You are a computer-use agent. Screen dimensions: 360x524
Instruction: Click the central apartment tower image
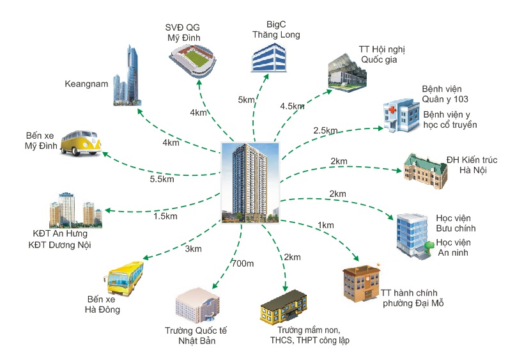point(252,182)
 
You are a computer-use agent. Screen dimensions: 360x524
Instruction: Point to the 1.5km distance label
point(165,217)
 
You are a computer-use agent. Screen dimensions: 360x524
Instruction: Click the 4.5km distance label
point(292,106)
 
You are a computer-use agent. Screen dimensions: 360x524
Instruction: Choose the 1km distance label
point(325,225)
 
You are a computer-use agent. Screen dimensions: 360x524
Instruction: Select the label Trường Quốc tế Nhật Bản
point(196,336)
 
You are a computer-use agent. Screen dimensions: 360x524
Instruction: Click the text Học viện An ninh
point(453,247)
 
